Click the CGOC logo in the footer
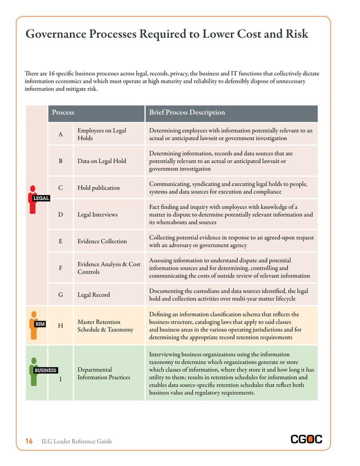click(x=306, y=439)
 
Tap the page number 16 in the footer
click(x=28, y=441)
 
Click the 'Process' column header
click(x=63, y=113)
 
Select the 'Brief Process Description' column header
click(x=187, y=113)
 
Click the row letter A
click(x=60, y=134)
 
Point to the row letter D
click(x=60, y=214)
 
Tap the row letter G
click(x=60, y=294)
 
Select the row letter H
click(x=60, y=326)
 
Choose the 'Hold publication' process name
click(x=98, y=188)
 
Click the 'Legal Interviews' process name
click(x=98, y=214)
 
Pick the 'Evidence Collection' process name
click(x=102, y=241)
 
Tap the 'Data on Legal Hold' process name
click(x=102, y=161)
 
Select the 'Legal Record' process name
click(x=94, y=294)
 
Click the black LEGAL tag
click(x=41, y=198)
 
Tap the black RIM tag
click(x=40, y=324)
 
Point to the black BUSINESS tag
click(x=45, y=370)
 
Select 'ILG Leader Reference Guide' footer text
click(x=77, y=441)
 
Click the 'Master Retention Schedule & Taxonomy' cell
click(x=106, y=326)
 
